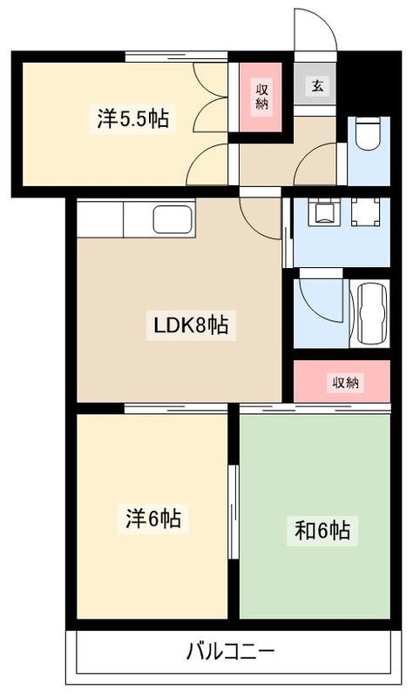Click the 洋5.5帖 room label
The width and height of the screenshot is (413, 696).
click(132, 119)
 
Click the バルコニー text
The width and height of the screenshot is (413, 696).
click(230, 651)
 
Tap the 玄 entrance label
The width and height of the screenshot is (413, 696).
click(315, 87)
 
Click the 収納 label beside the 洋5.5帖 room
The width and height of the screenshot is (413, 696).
click(261, 96)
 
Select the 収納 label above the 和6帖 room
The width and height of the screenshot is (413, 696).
click(345, 382)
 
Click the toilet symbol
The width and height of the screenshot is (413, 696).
click(367, 137)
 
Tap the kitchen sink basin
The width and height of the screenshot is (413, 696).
click(173, 218)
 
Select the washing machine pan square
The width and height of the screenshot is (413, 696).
click(365, 212)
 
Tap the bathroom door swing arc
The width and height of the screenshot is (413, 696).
click(323, 300)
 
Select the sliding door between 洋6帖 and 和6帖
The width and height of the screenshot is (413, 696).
click(233, 513)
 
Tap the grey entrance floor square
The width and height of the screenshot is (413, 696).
click(315, 87)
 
